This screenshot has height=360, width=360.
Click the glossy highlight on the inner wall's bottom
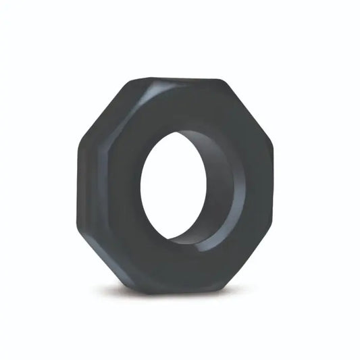(196, 234)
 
